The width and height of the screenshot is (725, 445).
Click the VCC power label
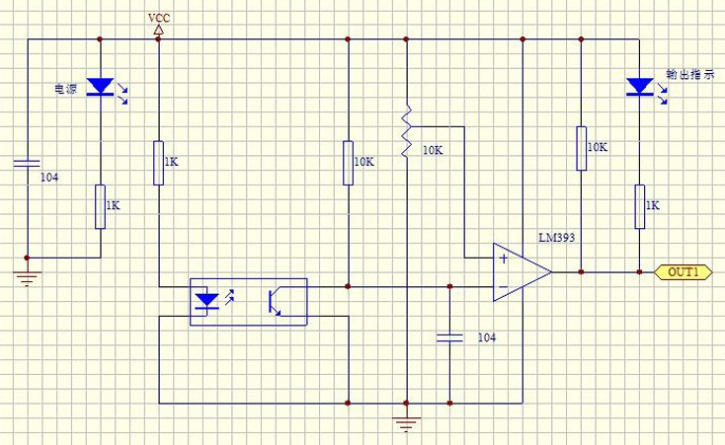(159, 18)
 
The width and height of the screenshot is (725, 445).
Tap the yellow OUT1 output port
(683, 272)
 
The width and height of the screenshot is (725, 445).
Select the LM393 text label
(557, 238)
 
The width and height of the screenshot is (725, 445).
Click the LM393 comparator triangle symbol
(522, 272)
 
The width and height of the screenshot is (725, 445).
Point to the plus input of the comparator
(504, 259)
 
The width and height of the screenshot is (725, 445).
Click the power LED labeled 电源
(101, 87)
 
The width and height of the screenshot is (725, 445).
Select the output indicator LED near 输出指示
(640, 87)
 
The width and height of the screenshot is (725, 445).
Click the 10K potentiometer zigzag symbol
(406, 131)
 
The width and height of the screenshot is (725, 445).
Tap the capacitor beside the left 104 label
(27, 163)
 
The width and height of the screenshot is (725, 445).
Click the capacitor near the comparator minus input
(449, 337)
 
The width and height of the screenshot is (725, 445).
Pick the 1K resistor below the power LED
(101, 206)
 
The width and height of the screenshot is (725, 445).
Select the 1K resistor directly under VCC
(159, 163)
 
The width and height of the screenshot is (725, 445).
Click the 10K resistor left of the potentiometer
(348, 163)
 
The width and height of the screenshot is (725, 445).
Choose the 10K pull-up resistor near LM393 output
(581, 148)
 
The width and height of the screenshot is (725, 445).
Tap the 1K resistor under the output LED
(639, 206)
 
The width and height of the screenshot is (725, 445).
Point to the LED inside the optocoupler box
(206, 301)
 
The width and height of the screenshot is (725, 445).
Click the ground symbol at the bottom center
(406, 423)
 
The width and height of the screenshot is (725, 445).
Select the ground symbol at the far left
(27, 278)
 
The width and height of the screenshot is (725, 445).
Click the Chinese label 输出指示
(689, 74)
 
